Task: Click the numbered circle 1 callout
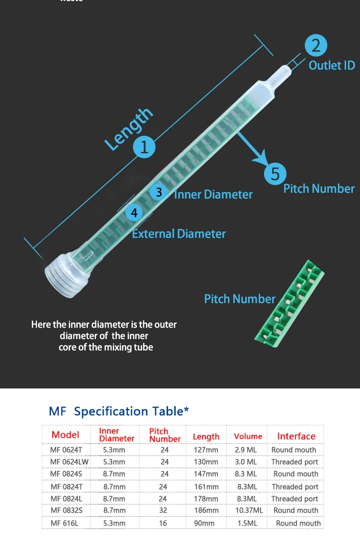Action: pos(144,146)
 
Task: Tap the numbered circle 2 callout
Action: pos(316,46)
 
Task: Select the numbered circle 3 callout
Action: pos(158,192)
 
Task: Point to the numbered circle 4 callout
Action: pos(134,212)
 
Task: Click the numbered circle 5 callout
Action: pos(275,173)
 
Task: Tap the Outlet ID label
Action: pos(332,65)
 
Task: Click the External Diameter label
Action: pos(179,234)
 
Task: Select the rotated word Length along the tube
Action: pos(129,129)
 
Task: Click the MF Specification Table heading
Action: pos(119,411)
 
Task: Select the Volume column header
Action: pos(248,436)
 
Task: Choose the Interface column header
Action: pos(296,436)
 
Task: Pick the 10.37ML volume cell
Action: pos(249,510)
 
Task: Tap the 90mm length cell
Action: pos(204,523)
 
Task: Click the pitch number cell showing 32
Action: pos(163,510)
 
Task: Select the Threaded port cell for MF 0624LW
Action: pos(295,462)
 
